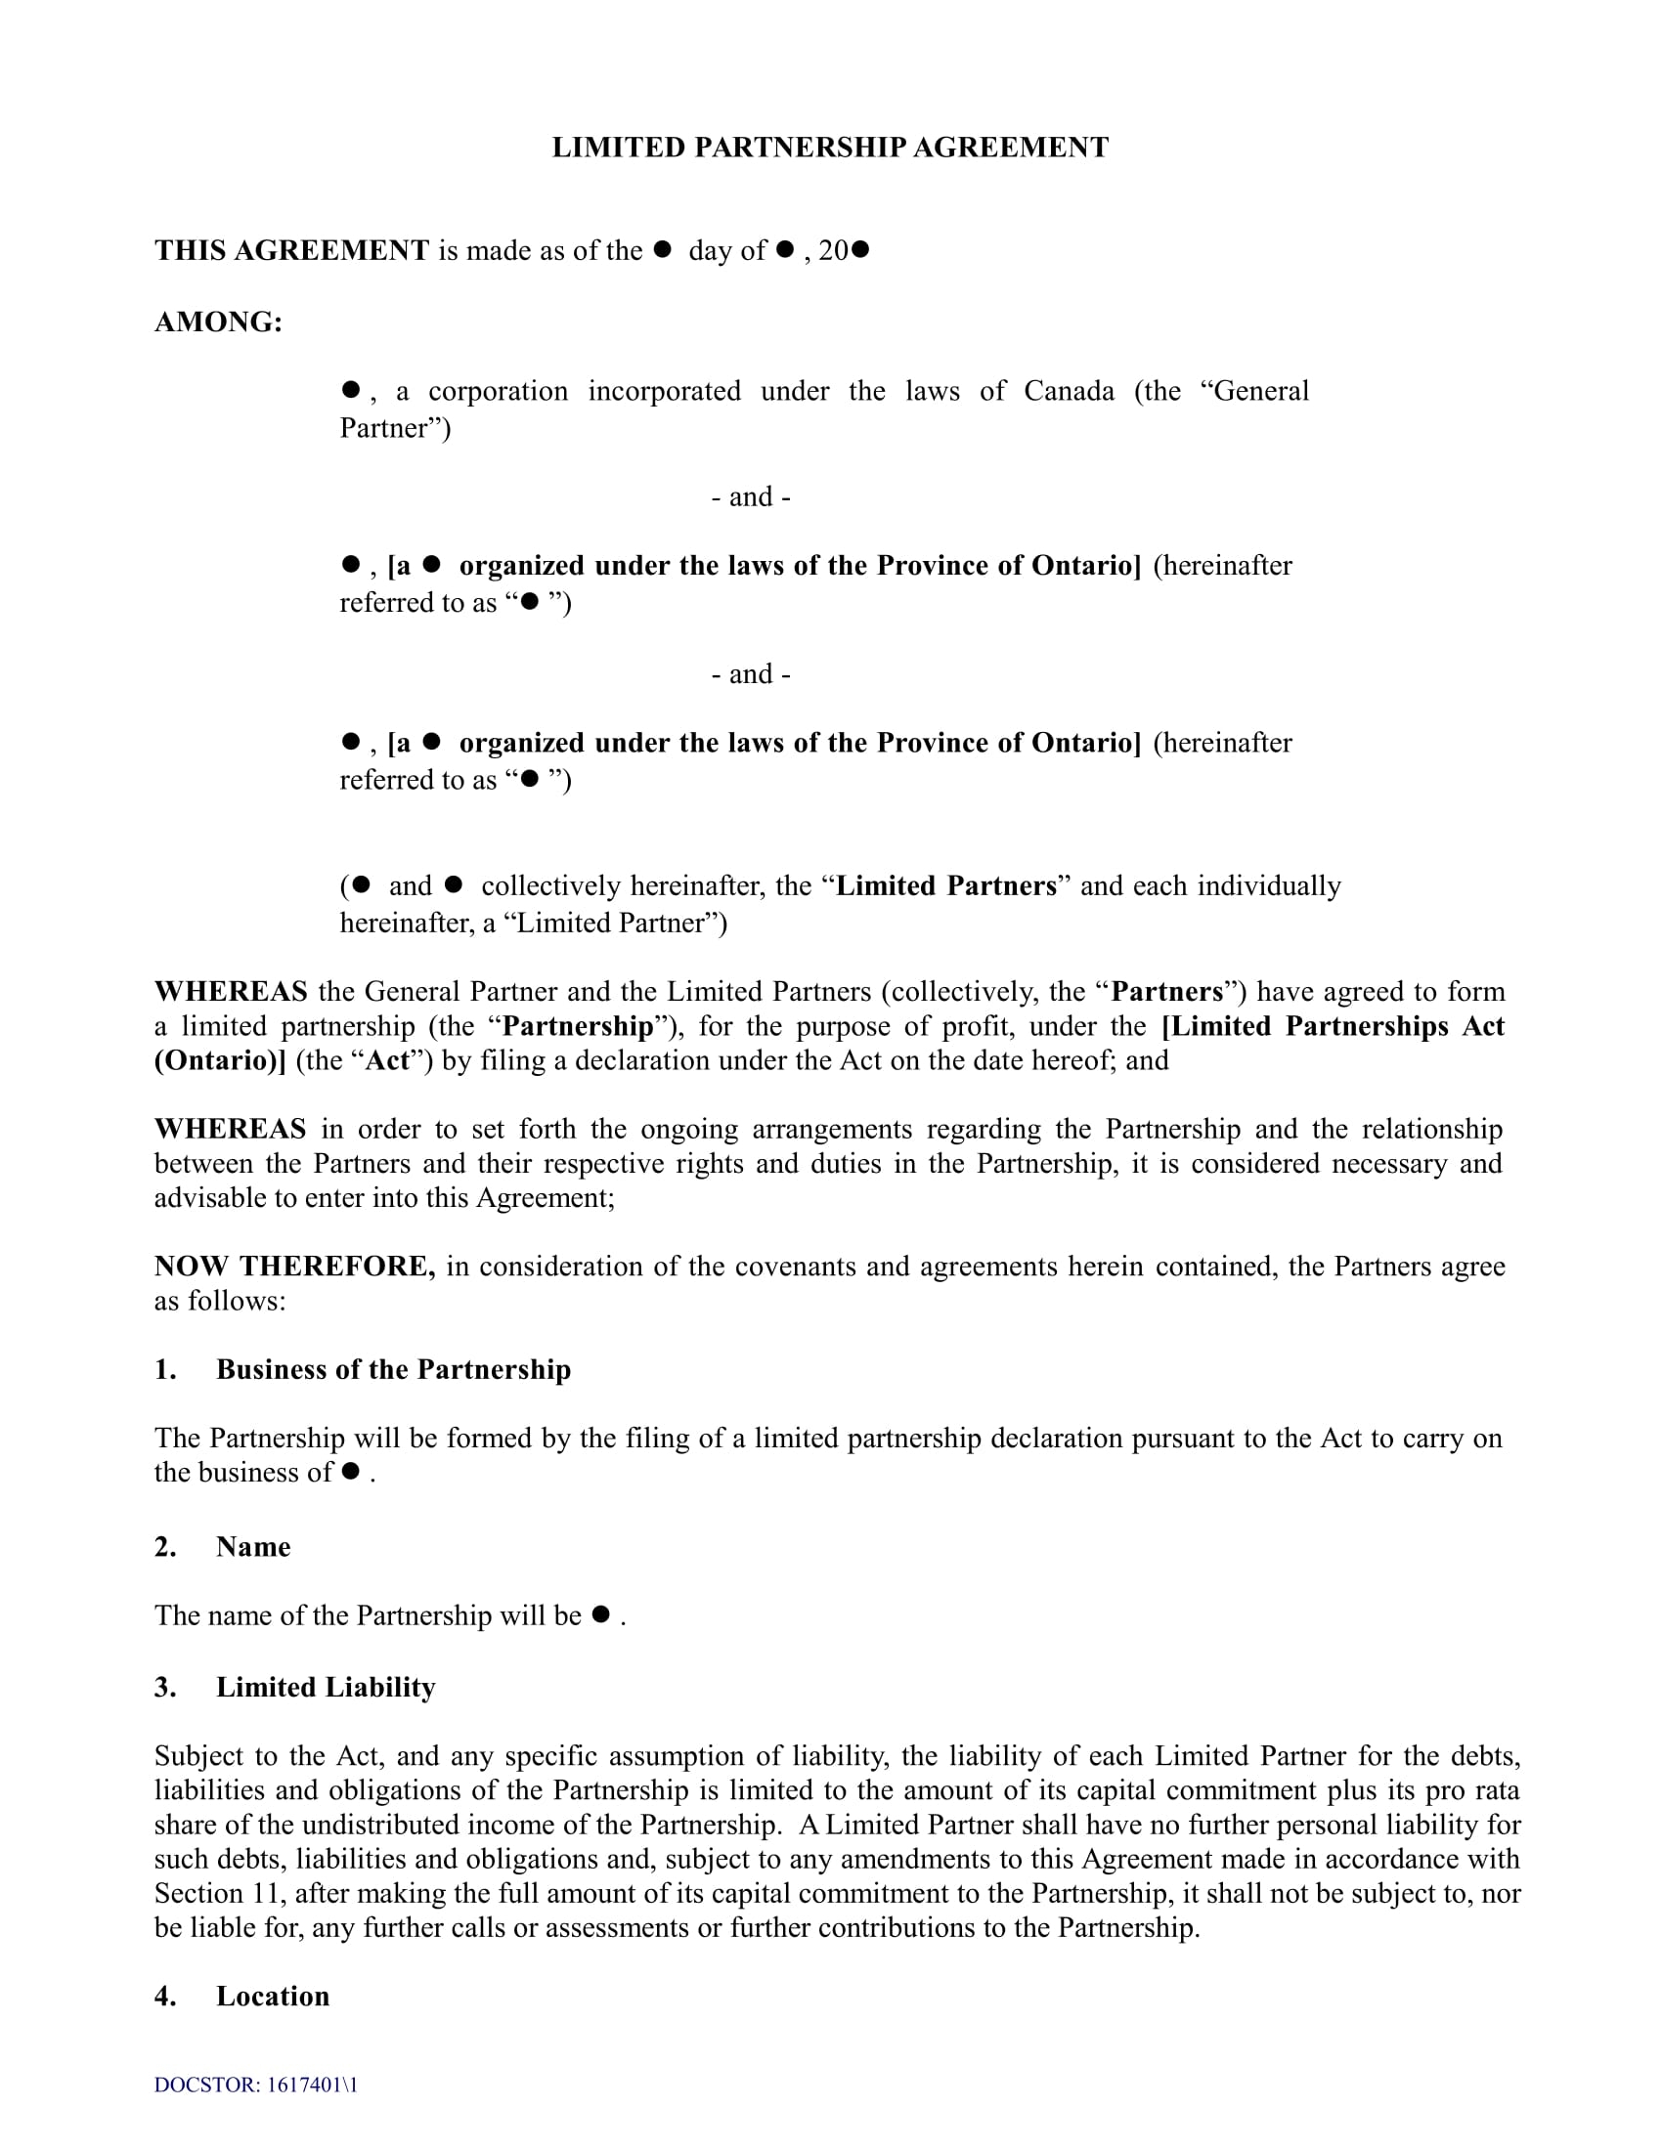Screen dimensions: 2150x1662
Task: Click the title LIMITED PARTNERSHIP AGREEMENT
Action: click(830, 148)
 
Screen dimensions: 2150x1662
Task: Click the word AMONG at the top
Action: click(218, 322)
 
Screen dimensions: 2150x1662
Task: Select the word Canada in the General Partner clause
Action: click(1069, 391)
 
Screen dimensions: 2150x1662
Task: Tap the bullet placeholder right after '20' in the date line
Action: click(859, 250)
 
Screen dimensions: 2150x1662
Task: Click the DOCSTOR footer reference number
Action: click(256, 2085)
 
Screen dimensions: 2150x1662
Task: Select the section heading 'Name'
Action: click(253, 1547)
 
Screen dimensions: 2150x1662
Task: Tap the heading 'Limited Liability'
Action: click(325, 1688)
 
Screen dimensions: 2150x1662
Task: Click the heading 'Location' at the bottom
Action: click(273, 1996)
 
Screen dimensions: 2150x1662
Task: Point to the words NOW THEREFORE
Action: click(294, 1266)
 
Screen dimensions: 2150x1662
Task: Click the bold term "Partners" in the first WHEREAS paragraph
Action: click(1166, 991)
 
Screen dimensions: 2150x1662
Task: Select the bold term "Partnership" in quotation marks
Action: click(578, 1026)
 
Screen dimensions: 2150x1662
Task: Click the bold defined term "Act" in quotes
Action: click(388, 1060)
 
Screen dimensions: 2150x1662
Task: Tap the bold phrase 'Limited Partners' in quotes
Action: click(945, 886)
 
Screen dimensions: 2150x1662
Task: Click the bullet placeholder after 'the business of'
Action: click(351, 1472)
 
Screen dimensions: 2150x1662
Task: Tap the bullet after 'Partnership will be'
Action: click(600, 1614)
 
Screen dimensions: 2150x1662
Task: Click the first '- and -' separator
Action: click(750, 497)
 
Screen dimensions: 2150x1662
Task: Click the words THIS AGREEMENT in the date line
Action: click(291, 250)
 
